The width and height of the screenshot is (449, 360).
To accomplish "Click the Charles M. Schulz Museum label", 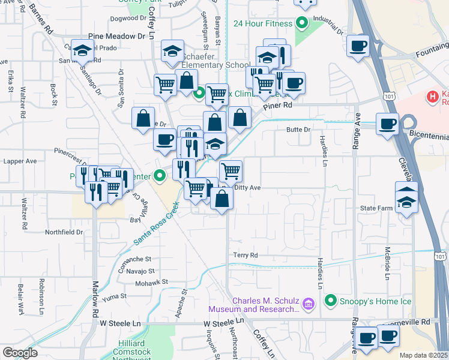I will pos(253,305).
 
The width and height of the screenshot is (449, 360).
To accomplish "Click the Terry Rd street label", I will pos(246,255).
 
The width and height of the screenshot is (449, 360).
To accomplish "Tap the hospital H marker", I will pos(431,96).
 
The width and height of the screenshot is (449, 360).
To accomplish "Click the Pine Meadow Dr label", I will pos(117,36).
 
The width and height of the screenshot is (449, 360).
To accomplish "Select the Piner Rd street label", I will pos(280,105).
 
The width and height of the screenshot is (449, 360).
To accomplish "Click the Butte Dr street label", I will pos(298,130).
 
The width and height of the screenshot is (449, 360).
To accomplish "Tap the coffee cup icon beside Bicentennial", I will pos(387,124).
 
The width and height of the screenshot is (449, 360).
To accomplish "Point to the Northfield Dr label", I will pos(64,232).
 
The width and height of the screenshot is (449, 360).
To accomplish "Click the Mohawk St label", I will pos(149,283).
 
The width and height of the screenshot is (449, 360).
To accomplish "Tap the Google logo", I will pos(20,353).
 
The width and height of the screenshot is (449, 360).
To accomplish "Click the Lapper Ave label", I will pos(20,161).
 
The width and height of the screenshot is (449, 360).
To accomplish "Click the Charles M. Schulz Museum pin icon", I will pos(309,305).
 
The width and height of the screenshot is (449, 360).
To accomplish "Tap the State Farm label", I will pos(376,208).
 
